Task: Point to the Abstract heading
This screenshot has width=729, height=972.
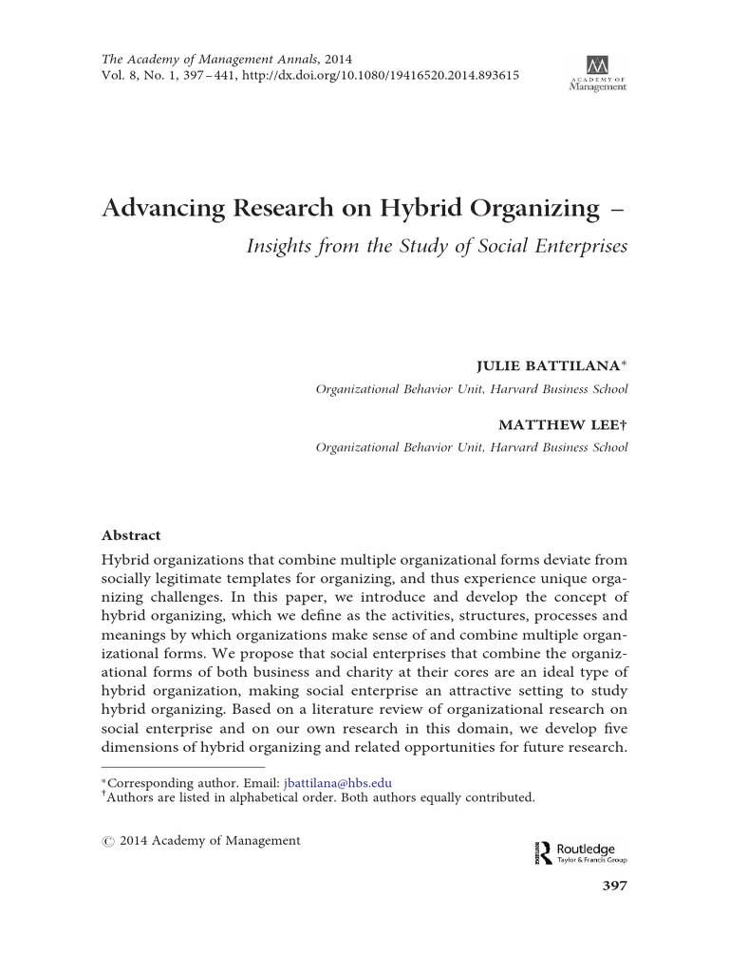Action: tap(131, 535)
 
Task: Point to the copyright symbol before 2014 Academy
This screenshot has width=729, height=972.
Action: tap(108, 841)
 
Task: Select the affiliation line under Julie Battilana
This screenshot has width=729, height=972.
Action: tap(471, 389)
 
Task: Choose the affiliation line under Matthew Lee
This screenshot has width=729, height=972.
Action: tap(471, 448)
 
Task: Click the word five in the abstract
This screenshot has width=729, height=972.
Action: tap(611, 728)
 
